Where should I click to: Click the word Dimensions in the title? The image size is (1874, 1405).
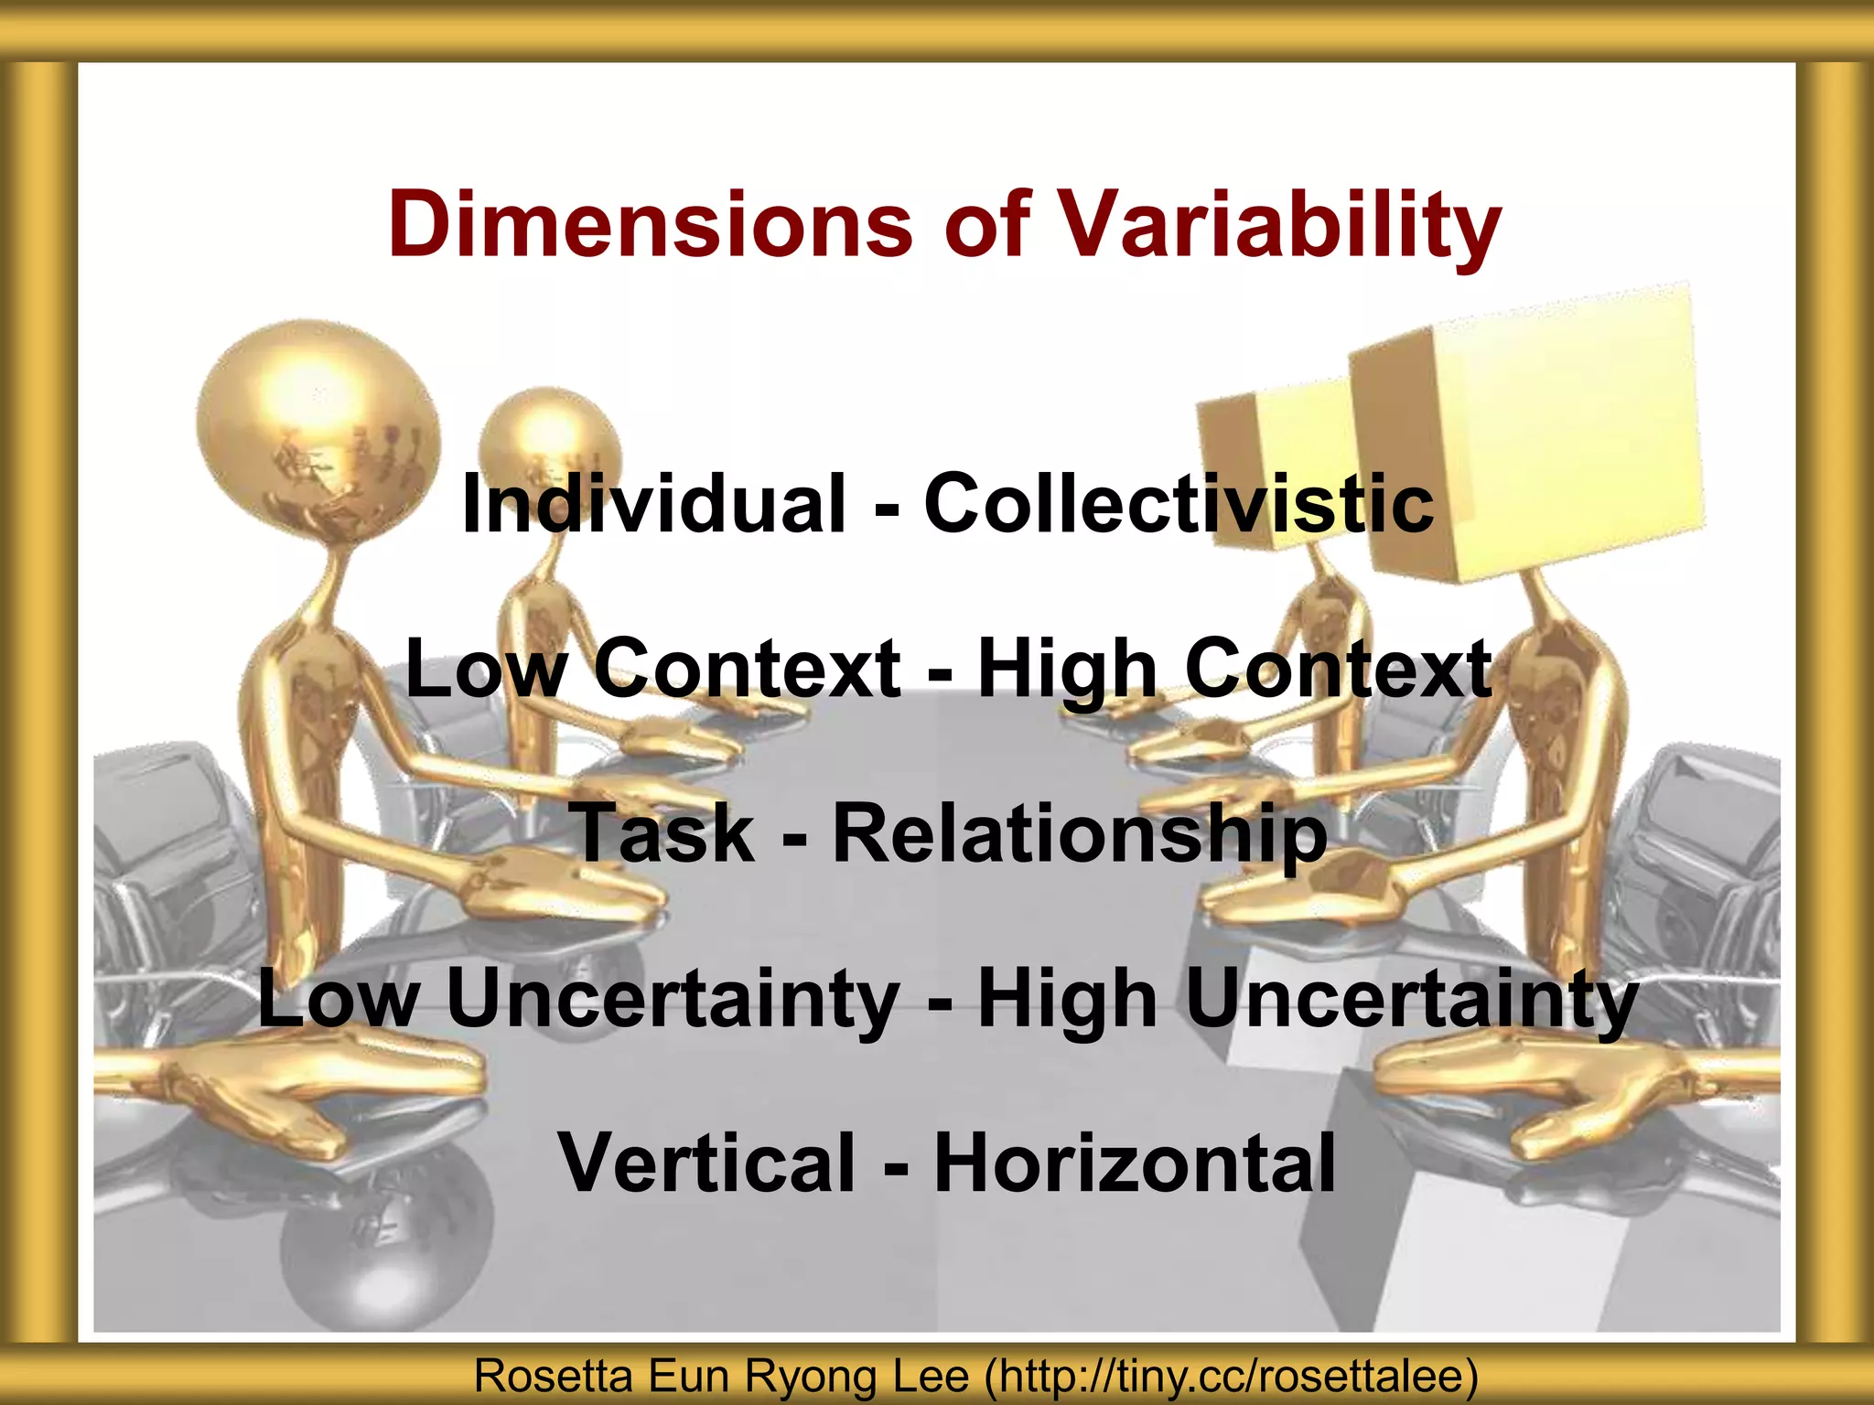(650, 224)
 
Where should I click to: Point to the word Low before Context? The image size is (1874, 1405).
(486, 669)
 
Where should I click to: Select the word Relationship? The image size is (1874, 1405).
(1080, 833)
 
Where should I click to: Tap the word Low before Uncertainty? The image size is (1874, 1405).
(339, 998)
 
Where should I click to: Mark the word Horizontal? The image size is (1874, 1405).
(1135, 1163)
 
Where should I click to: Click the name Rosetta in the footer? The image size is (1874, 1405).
(553, 1376)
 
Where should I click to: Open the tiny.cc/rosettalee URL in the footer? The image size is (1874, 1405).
(1231, 1376)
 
